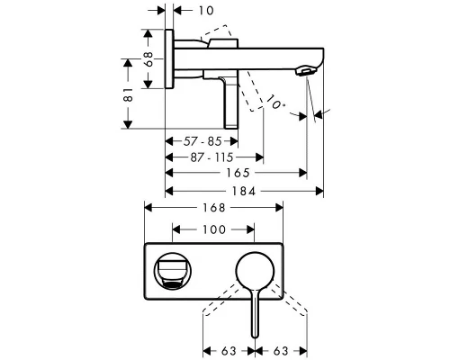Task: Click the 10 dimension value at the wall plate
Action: (208, 11)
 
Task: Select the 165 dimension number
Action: (236, 172)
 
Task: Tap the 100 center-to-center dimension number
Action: (212, 230)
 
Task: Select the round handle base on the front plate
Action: (256, 270)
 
